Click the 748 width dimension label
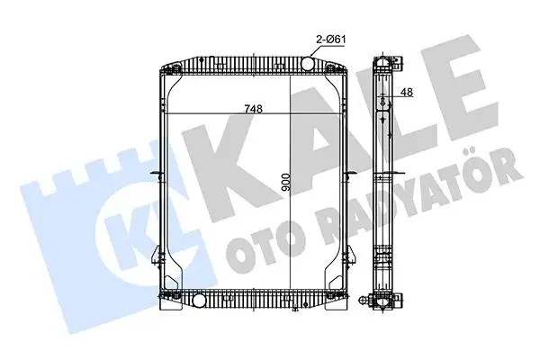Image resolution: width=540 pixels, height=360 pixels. (x=254, y=109)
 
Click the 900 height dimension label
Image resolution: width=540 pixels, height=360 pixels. (x=286, y=183)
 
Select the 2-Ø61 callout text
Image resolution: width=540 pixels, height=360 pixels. (x=331, y=40)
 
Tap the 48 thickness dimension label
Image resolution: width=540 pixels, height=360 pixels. (x=407, y=93)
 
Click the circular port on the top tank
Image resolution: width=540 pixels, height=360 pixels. (x=308, y=63)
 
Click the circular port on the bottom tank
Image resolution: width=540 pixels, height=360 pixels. (x=199, y=300)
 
